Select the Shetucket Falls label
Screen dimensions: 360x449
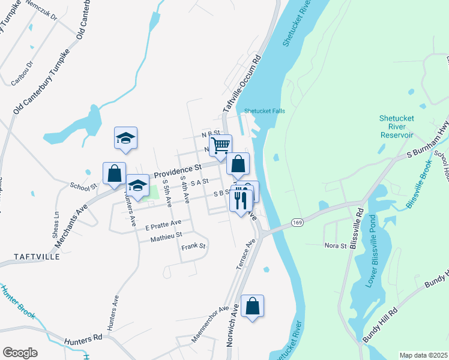click(264, 111)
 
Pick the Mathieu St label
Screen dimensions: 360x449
click(166, 238)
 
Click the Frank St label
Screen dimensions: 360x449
click(193, 246)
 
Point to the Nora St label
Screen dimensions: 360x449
click(336, 245)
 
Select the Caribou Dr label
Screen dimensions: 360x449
click(22, 71)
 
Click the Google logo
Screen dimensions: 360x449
click(20, 353)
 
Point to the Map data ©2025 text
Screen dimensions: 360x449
click(423, 355)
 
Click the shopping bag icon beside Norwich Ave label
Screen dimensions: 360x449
click(253, 306)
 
